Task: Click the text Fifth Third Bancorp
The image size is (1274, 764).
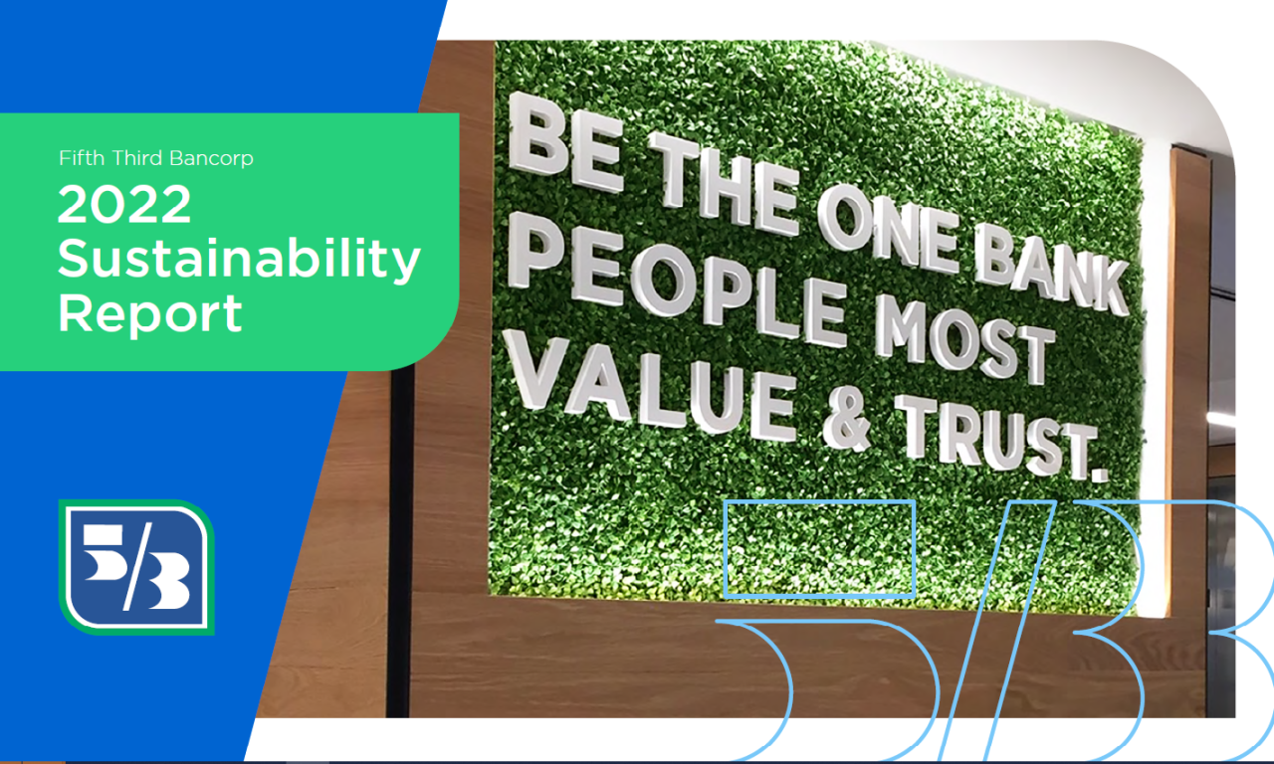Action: [x=156, y=157]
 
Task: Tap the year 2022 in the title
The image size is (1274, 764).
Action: [x=124, y=205]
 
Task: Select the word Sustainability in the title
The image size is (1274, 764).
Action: [x=239, y=261]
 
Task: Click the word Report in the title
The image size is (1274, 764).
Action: [x=150, y=313]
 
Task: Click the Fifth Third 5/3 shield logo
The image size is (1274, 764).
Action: [x=136, y=567]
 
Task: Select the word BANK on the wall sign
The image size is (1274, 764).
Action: [x=1050, y=269]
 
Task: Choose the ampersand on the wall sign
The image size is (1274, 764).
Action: [x=846, y=420]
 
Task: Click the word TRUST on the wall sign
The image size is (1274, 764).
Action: [x=995, y=435]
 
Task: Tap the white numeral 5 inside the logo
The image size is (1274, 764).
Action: [x=105, y=551]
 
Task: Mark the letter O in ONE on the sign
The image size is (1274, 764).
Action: [x=845, y=218]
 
